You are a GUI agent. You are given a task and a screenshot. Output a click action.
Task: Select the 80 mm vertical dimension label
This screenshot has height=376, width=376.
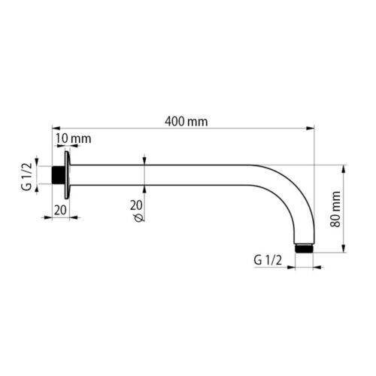335,210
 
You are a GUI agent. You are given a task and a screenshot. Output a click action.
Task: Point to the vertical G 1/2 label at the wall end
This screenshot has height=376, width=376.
28,176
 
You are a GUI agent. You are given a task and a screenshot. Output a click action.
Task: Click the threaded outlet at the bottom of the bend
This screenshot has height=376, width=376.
304,248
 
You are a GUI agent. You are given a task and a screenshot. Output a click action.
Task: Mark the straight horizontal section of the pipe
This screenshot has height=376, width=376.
165,175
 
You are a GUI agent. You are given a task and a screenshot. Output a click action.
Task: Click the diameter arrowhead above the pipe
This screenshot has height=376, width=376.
144,161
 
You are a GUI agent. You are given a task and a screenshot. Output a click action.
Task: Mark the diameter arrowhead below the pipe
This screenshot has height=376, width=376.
144,190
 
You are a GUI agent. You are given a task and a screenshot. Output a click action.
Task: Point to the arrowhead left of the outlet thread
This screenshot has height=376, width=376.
290,265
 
